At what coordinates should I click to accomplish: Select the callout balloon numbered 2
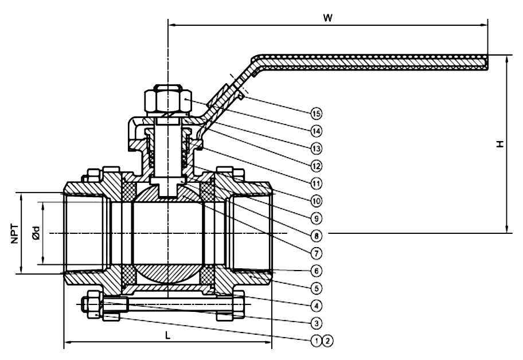[327, 340]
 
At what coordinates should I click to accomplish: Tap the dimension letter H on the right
[500, 144]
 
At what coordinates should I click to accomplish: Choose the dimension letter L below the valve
[167, 336]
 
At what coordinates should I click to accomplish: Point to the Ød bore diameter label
[35, 234]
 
